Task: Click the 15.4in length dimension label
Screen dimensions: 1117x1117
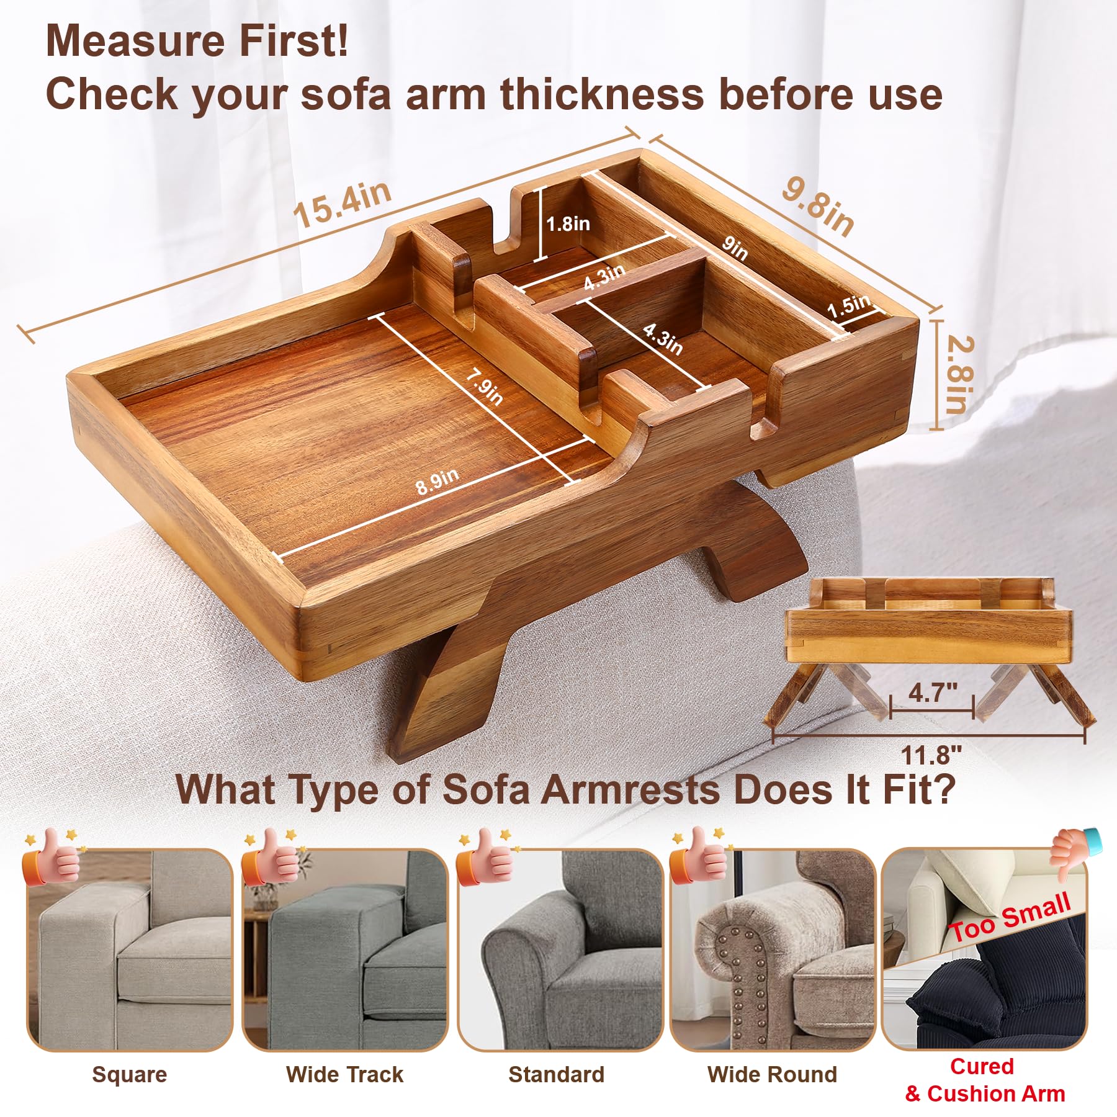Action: pos(343,204)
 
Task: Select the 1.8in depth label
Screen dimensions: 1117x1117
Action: pos(568,223)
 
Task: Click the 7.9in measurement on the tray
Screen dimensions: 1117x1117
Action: pos(485,387)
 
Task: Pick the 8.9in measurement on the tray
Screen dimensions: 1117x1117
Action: pos(437,482)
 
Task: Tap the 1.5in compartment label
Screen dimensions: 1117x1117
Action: pos(849,305)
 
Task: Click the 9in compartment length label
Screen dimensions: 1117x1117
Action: pos(735,248)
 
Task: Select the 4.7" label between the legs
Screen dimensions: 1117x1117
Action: pos(933,692)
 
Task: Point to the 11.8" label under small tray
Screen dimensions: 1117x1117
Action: pos(931,755)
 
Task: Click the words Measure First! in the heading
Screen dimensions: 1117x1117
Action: pos(197,41)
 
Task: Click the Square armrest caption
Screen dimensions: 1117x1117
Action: pos(130,1074)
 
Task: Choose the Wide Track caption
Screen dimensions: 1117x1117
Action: pos(344,1074)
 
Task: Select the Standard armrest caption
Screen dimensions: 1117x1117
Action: pos(557,1074)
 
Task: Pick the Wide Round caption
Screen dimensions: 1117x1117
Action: pos(772,1074)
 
